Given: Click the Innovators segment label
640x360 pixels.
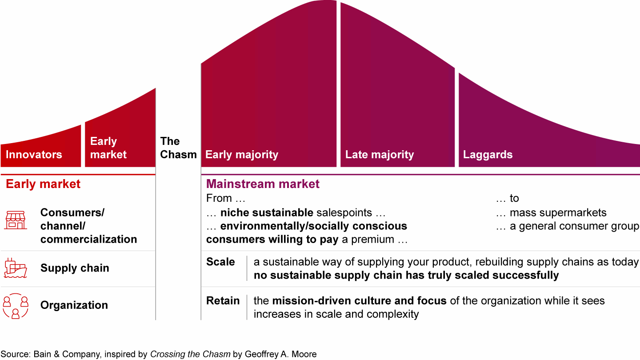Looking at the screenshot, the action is [x=34, y=155].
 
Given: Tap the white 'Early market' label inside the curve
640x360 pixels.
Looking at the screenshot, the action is [x=108, y=148].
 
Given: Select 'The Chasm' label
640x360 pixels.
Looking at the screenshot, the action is [x=178, y=148].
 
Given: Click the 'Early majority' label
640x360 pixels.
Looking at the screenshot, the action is [x=242, y=155].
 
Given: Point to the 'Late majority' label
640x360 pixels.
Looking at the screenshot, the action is [x=380, y=155].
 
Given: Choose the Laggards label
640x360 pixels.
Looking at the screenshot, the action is [x=488, y=155].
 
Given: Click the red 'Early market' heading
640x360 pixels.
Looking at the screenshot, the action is [x=43, y=184].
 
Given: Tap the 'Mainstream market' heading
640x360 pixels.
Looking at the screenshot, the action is [x=263, y=184].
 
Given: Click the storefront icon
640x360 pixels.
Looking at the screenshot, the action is [x=16, y=220].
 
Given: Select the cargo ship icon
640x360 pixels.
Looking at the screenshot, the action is [x=16, y=268].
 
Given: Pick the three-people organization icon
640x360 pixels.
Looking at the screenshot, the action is [x=16, y=306].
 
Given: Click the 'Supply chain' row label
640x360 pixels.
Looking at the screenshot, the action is [x=75, y=268].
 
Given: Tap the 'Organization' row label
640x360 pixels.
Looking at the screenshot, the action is [x=74, y=305].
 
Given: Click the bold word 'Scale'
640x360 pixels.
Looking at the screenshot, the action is [x=220, y=262].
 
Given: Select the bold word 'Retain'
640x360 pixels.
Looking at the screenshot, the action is [x=223, y=300].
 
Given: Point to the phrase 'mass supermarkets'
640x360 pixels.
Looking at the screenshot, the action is [x=558, y=213].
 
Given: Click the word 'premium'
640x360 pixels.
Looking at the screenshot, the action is [x=372, y=240].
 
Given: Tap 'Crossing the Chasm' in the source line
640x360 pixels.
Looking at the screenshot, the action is [x=190, y=354].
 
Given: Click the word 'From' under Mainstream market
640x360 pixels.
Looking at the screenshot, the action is [x=219, y=198].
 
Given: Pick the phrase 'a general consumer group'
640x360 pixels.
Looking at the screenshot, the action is [x=575, y=226].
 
